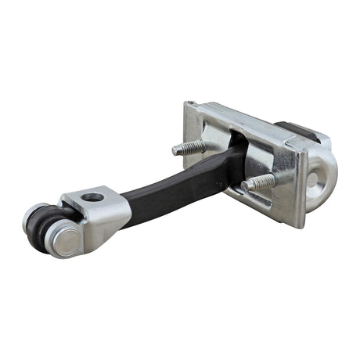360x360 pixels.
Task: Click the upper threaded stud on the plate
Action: [x=190, y=147]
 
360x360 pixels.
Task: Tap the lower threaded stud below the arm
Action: [x=259, y=183]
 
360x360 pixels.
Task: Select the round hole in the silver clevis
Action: [x=92, y=197]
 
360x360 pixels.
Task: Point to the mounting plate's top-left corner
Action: [x=188, y=104]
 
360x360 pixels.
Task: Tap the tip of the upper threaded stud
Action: [x=176, y=149]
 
